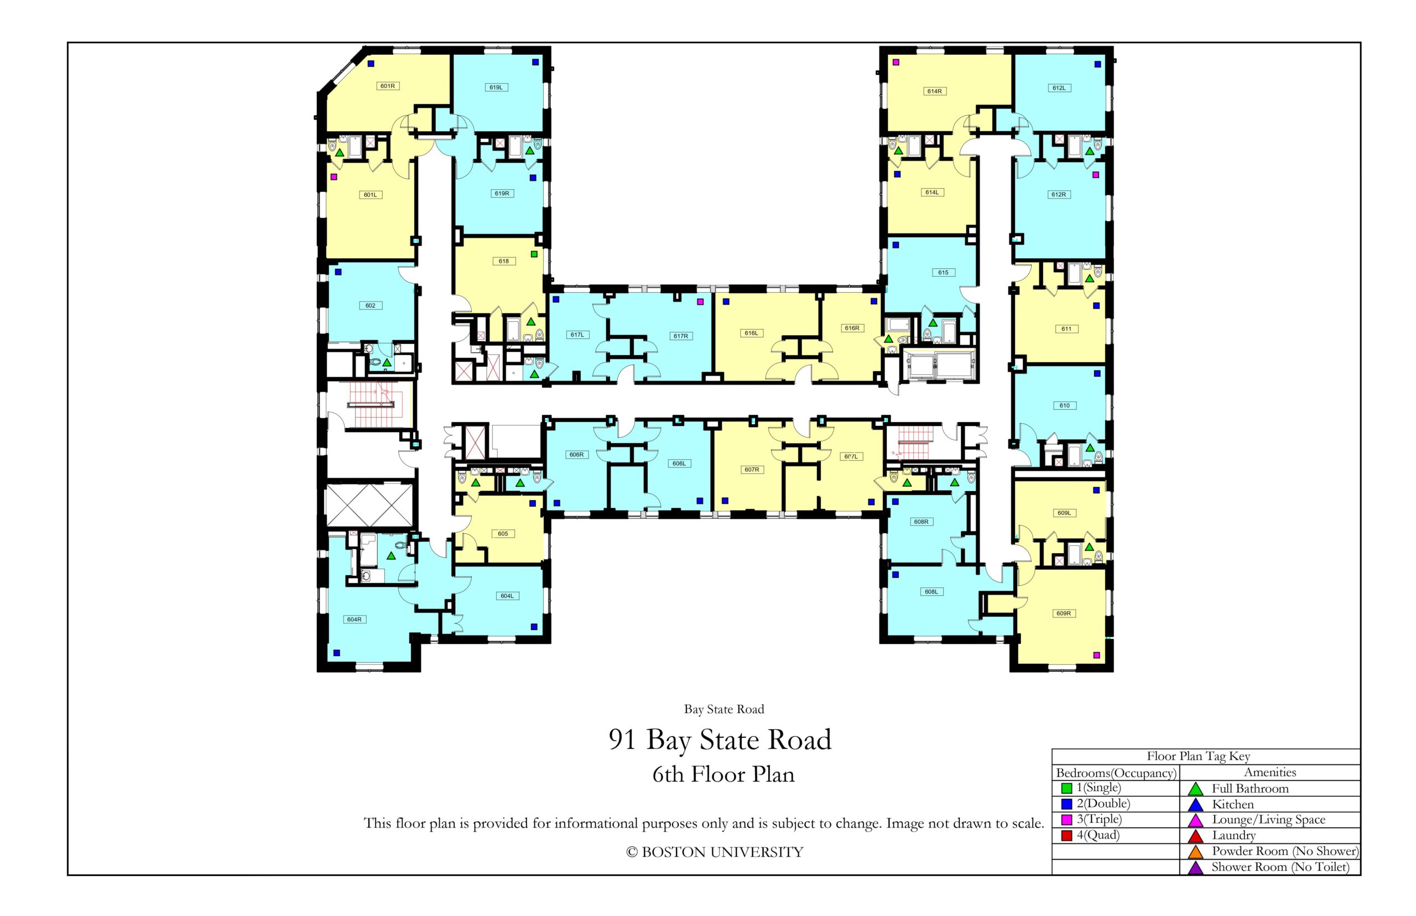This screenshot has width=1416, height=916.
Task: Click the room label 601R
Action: [x=387, y=86]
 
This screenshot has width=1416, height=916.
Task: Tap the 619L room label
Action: [x=496, y=87]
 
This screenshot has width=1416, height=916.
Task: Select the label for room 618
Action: [x=503, y=261]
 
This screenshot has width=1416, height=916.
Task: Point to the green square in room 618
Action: [x=533, y=254]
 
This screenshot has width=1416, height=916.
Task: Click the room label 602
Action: [x=370, y=306]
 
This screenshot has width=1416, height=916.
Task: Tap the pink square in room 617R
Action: [x=700, y=301]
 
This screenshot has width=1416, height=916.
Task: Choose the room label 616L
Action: [x=751, y=333]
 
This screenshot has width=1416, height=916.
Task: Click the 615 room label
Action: [x=943, y=272]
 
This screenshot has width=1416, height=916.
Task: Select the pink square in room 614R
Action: [x=896, y=62]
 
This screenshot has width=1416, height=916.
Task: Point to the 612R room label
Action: [x=1058, y=195]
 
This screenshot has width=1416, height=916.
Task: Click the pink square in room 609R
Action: [x=1096, y=655]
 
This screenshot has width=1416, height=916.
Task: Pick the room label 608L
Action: [x=931, y=592]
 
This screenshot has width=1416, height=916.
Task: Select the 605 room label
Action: [x=503, y=534]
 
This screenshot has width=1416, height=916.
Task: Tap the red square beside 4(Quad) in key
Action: [x=1066, y=835]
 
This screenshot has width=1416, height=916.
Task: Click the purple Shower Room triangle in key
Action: [x=1195, y=868]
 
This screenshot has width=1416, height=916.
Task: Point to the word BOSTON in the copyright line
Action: [x=674, y=852]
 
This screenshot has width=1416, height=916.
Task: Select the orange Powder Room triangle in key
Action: [x=1195, y=852]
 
